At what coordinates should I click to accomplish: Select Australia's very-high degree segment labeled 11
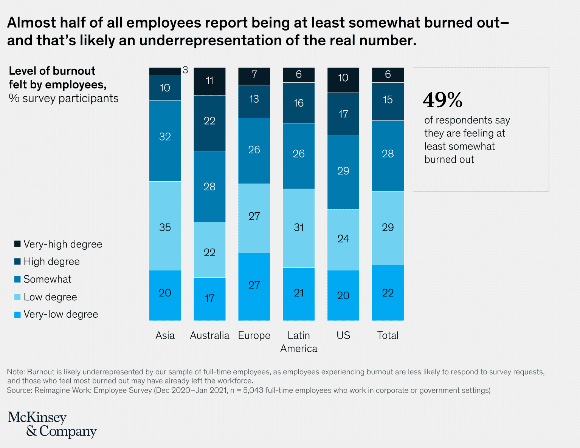click(209, 81)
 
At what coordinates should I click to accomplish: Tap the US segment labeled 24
click(343, 239)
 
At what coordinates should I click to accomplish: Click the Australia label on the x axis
click(209, 335)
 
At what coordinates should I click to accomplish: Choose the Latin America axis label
click(299, 341)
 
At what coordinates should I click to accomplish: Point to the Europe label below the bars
click(254, 335)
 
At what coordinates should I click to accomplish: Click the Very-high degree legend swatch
click(17, 244)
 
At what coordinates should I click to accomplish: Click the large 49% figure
click(442, 100)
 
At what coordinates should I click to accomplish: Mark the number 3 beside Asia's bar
click(185, 70)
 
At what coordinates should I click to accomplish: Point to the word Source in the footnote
click(19, 390)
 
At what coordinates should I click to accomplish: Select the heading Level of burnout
click(52, 71)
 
